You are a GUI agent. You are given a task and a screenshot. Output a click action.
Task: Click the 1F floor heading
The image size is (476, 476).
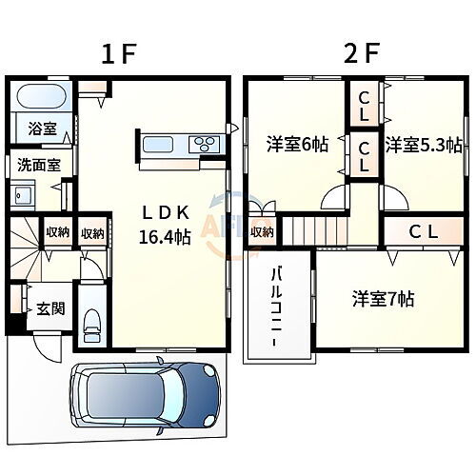(121, 54)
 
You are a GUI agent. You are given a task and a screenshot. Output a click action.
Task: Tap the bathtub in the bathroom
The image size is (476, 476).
(40, 97)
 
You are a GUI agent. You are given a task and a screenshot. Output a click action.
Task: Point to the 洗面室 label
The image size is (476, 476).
(38, 164)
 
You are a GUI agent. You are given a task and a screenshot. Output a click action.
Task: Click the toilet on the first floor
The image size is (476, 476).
(91, 326)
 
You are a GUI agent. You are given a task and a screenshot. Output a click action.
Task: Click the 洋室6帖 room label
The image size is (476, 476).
(297, 145)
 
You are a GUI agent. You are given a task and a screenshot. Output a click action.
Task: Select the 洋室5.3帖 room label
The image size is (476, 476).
(423, 145)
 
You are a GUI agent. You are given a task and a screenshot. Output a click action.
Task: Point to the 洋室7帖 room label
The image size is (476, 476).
(382, 297)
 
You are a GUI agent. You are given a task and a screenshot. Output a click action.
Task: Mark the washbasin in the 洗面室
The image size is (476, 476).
(24, 196)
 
